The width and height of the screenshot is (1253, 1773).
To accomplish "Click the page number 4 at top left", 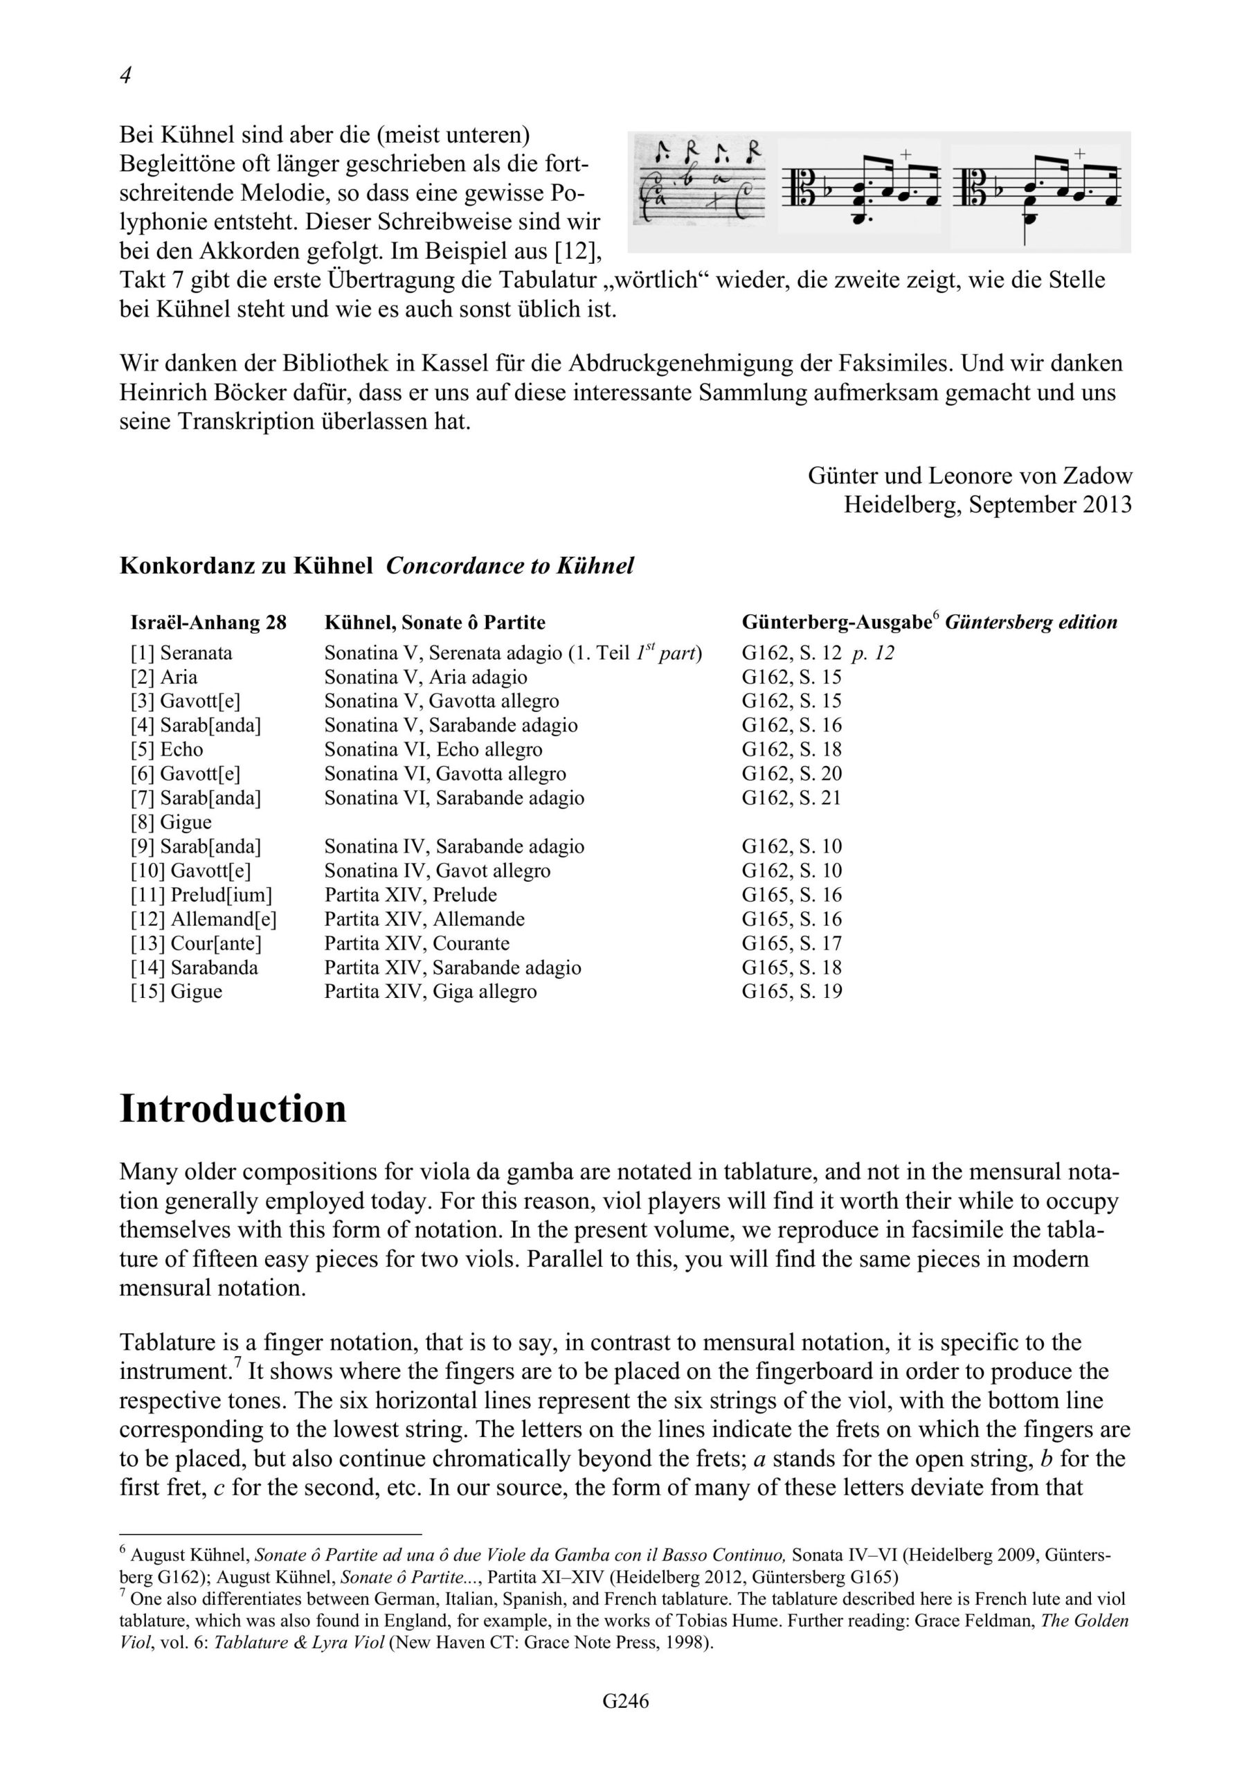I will pyautogui.click(x=126, y=75).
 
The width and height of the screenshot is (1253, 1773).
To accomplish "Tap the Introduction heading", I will pyautogui.click(x=233, y=1109).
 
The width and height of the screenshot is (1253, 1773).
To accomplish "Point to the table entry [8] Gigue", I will pyautogui.click(x=170, y=821).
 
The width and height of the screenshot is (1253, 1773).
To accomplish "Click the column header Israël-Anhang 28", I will pyautogui.click(x=208, y=623).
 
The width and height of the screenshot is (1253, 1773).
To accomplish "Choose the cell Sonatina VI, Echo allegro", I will pyautogui.click(x=433, y=749).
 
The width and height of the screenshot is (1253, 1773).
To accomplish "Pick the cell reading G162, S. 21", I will pyautogui.click(x=791, y=798).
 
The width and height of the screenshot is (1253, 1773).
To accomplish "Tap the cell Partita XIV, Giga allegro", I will pyautogui.click(x=430, y=992).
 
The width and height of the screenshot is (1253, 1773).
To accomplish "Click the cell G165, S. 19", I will pyautogui.click(x=791, y=992).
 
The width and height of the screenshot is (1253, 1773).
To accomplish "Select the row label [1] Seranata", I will pyautogui.click(x=181, y=652).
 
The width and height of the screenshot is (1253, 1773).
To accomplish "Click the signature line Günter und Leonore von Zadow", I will pyautogui.click(x=970, y=476).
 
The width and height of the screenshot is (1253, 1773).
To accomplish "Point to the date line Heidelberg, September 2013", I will pyautogui.click(x=987, y=505).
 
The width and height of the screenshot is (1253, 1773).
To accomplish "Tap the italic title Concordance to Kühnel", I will pyautogui.click(x=510, y=566).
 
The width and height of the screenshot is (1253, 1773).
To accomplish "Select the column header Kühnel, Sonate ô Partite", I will pyautogui.click(x=435, y=623).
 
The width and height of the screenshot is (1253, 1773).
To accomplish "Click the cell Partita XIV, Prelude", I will pyautogui.click(x=410, y=895).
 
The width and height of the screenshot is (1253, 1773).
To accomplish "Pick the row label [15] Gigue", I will pyautogui.click(x=176, y=992).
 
